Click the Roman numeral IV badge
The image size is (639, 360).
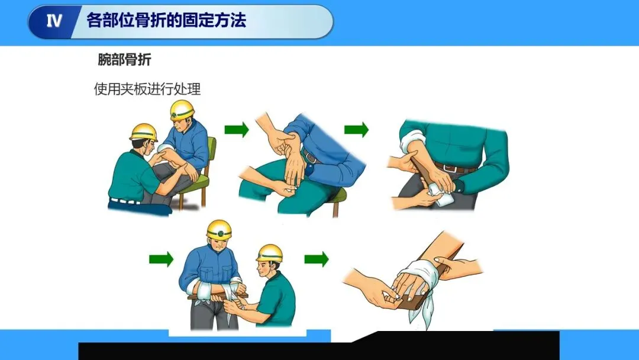[x=54, y=21]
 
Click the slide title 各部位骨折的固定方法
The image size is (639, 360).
[x=166, y=20]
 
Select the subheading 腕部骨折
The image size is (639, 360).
[x=124, y=60]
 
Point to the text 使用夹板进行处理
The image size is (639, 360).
[x=147, y=89]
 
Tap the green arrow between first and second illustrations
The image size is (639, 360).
[x=237, y=130]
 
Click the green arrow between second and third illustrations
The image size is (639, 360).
[x=356, y=130]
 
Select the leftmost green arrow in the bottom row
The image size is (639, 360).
[x=162, y=259]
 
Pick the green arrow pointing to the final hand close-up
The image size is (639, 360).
[x=317, y=259]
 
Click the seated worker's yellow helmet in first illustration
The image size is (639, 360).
[x=182, y=110]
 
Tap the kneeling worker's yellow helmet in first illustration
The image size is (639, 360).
[x=144, y=132]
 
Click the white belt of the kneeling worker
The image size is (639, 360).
[x=125, y=201]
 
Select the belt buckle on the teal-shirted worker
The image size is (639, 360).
[x=450, y=168]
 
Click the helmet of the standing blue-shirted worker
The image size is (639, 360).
[x=219, y=230]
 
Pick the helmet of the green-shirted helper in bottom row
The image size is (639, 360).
[x=270, y=253]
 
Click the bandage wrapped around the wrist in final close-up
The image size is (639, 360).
[x=419, y=277]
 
